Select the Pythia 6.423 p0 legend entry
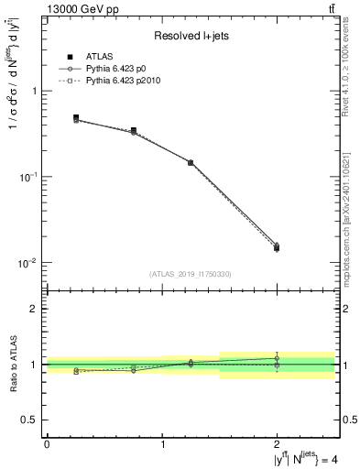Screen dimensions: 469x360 pos(118,70)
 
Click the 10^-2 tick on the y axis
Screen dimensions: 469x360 pos(27,263)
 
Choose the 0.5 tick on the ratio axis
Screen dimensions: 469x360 pos(31,420)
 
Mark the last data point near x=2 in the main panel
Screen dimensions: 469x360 pos(278,247)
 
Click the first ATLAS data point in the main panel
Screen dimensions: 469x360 pos(75,118)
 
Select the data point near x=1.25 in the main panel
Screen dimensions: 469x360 pos(191,162)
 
